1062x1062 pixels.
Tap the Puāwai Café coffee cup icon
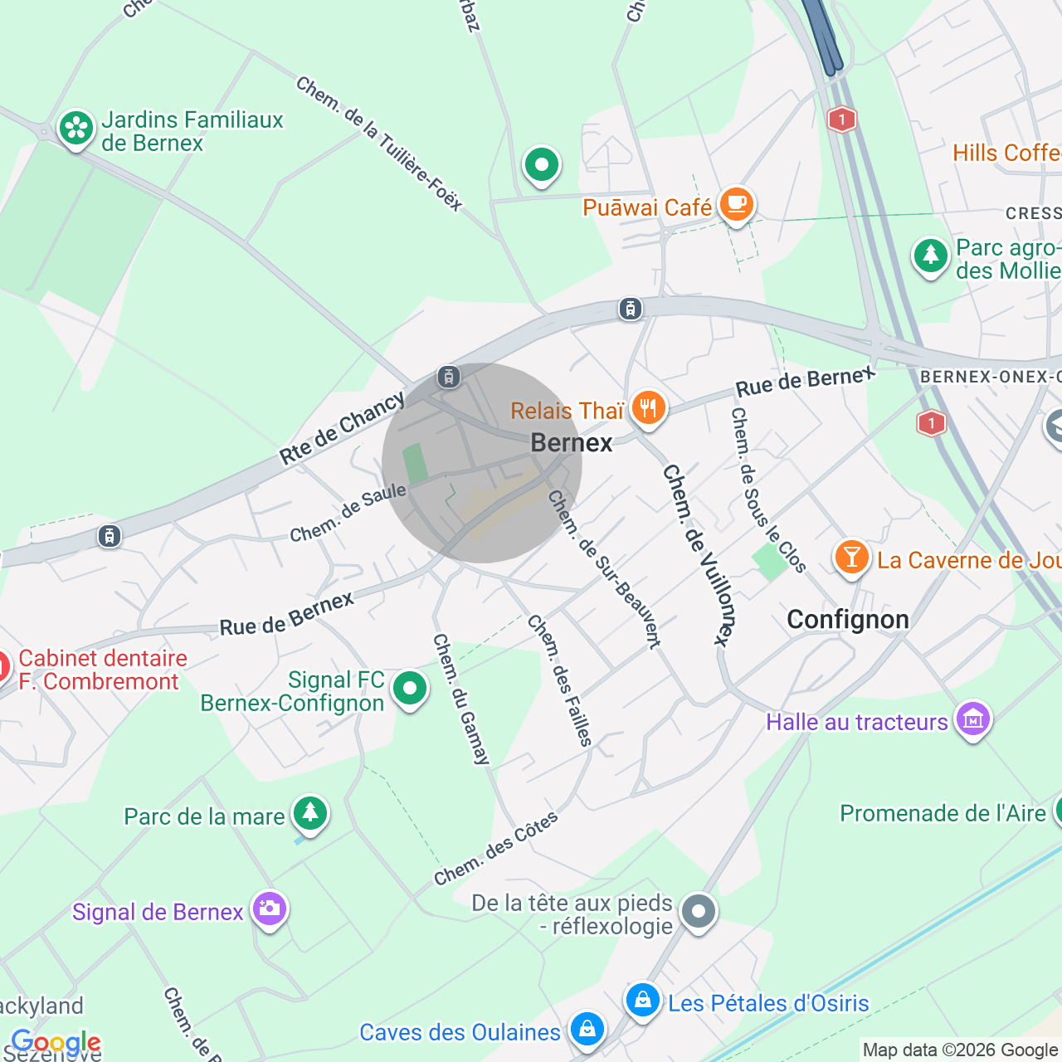736,203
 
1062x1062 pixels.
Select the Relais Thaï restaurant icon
648,408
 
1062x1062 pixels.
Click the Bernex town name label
571,443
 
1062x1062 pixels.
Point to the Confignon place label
847,620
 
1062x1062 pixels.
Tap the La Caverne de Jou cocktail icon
851,558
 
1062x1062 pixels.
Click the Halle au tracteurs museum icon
973,719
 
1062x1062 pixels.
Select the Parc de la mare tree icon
310,813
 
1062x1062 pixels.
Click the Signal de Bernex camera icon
270,909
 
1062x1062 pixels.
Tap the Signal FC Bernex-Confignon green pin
409,689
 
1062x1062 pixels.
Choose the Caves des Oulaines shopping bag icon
587,1030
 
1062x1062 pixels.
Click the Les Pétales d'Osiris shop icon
642,1001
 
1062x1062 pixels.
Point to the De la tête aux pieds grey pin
699,911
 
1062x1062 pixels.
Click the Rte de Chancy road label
342,428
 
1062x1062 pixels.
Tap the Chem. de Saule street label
348,513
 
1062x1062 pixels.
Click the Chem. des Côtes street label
496,849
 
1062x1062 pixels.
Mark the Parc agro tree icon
930,256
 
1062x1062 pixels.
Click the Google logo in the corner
56,1042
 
